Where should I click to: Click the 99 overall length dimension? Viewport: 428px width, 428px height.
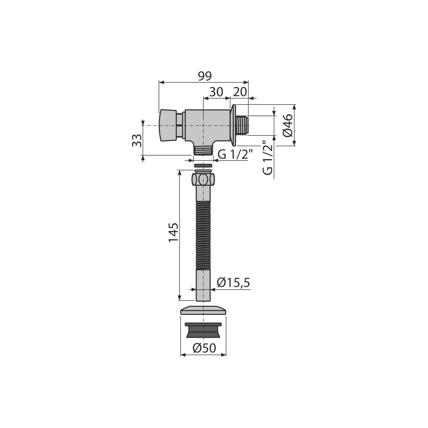coord(205,76)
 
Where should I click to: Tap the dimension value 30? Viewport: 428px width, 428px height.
coord(216,92)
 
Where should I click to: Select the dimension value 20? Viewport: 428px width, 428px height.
coord(240,92)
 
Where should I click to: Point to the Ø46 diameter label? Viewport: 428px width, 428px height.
coord(288,126)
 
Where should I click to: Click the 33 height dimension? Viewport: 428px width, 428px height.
coord(137,140)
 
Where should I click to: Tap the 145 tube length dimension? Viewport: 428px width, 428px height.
coord(173,235)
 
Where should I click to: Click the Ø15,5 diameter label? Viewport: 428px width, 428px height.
coord(233,283)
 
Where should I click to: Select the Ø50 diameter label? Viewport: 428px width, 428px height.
coord(204,348)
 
